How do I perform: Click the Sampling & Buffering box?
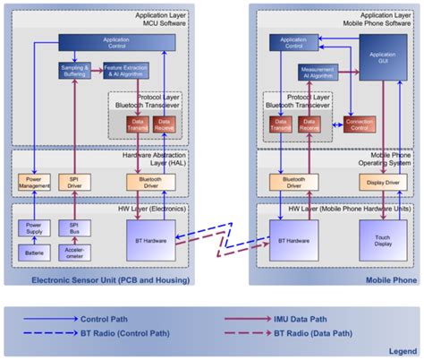(73, 70)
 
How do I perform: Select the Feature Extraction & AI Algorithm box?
(127, 70)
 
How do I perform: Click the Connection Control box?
(360, 124)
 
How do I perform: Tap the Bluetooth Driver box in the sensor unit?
(145, 184)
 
